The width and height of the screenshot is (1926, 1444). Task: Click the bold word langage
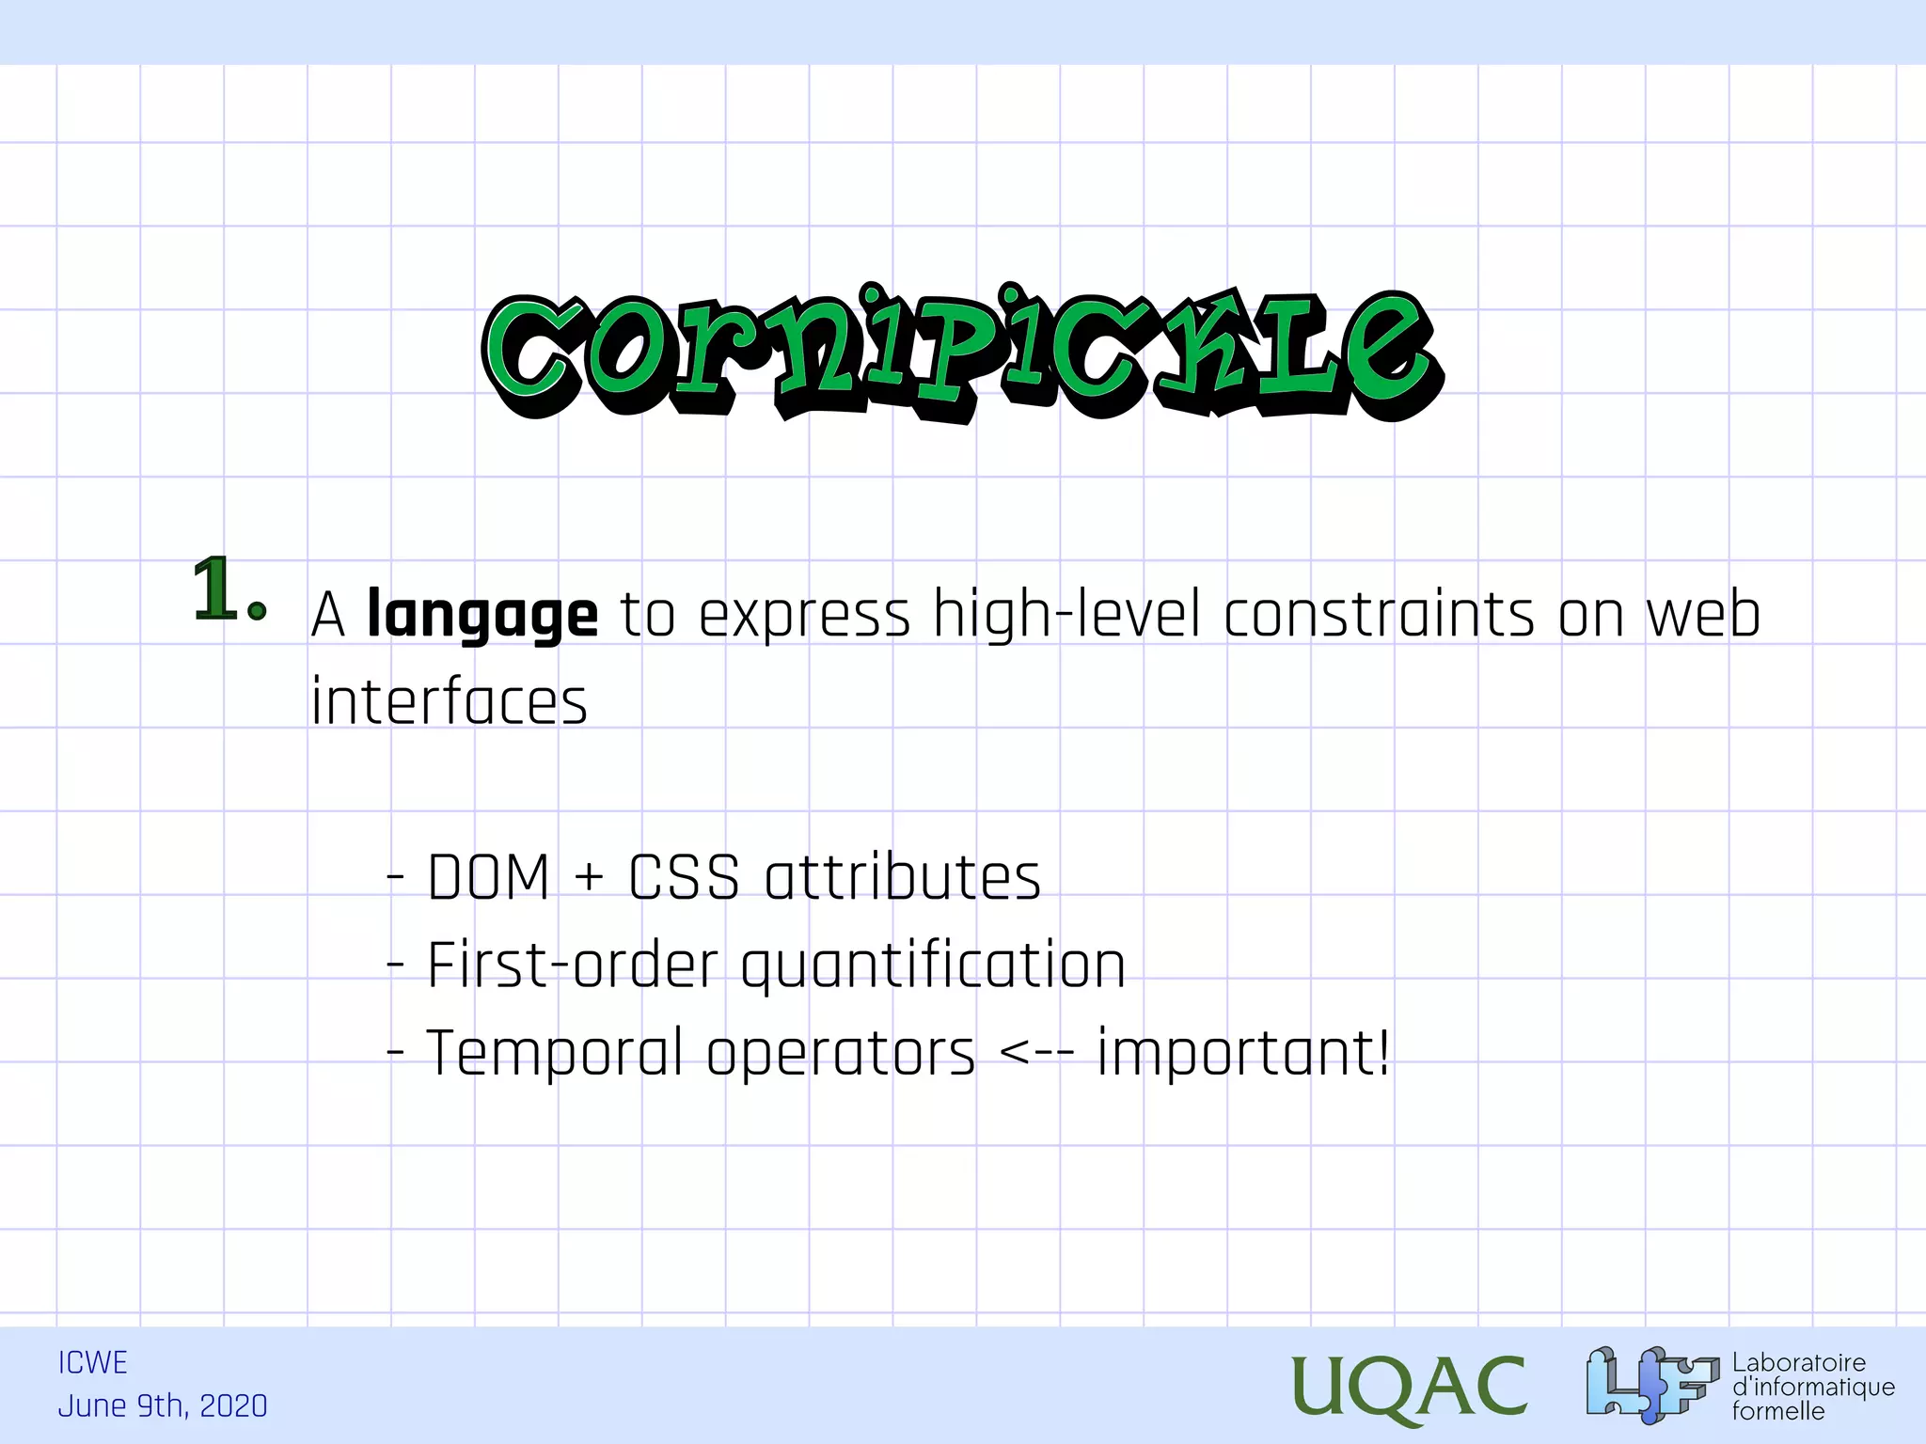(x=481, y=616)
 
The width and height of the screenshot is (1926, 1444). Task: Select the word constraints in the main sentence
(x=1379, y=616)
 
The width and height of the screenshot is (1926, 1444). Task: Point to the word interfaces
(x=449, y=702)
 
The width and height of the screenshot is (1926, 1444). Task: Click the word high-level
(x=1066, y=616)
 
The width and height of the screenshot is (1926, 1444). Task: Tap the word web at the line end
(x=1703, y=616)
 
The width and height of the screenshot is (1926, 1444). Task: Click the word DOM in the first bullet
(x=488, y=878)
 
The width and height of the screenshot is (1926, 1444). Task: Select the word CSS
(x=684, y=878)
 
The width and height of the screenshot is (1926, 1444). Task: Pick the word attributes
(x=903, y=878)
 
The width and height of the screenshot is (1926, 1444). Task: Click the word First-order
(x=573, y=965)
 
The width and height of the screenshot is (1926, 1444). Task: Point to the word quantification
(x=933, y=965)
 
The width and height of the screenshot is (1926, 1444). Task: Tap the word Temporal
(x=555, y=1053)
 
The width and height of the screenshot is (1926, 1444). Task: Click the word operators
(x=841, y=1053)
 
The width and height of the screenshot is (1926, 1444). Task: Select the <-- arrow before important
(x=1035, y=1053)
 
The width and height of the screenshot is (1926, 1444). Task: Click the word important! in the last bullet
(x=1243, y=1053)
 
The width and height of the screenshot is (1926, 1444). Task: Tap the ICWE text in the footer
(x=92, y=1362)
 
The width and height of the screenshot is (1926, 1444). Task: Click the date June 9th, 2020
(x=163, y=1405)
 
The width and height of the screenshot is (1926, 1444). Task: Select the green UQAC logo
(x=1408, y=1388)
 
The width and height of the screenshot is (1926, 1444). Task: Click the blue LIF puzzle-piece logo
(x=1651, y=1384)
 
